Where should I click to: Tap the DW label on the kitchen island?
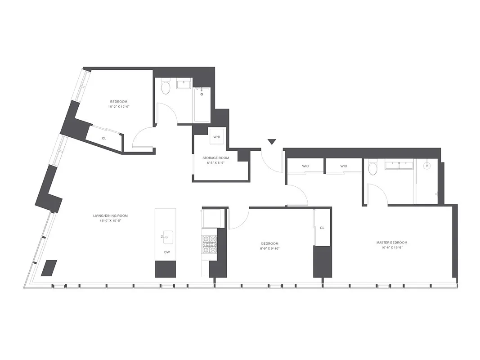167,252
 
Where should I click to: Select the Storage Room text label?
215,158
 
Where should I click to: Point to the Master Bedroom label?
392,243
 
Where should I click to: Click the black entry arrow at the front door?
271,142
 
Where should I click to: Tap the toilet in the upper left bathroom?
166,87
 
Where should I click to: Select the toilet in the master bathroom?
373,168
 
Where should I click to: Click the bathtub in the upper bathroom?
202,105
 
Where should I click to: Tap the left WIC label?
305,166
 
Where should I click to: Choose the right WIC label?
344,166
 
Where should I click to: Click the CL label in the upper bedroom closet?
104,138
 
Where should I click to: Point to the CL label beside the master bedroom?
322,228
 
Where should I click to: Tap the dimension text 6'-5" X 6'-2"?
215,163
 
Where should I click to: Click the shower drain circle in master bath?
427,165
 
